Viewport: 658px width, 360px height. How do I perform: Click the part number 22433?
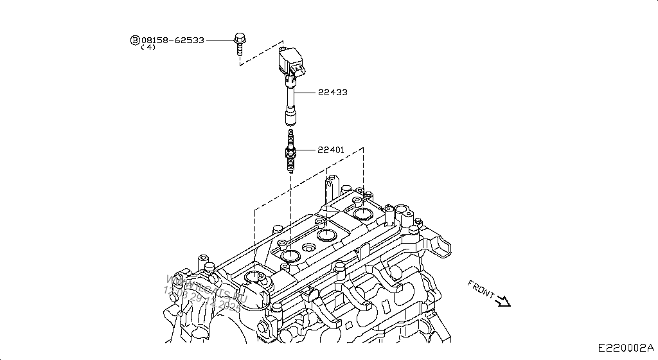[x=332, y=93]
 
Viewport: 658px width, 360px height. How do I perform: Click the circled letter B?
[x=135, y=40]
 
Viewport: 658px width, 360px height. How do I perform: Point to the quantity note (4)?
[x=148, y=48]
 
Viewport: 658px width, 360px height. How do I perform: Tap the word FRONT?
[x=481, y=289]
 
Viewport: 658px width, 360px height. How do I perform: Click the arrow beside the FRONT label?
[x=503, y=301]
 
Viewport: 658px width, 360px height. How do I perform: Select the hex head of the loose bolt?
[x=239, y=35]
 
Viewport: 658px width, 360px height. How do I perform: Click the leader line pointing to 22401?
[x=307, y=150]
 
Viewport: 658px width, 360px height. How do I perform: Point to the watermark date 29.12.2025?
[x=212, y=300]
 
